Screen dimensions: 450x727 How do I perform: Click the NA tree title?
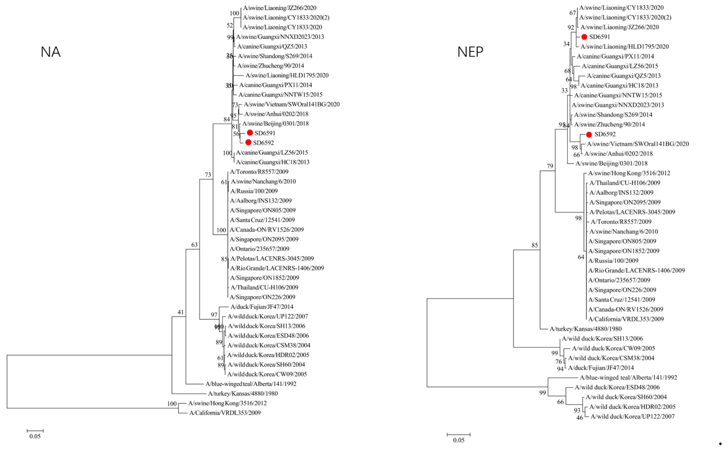50,52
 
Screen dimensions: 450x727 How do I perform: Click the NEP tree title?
470,52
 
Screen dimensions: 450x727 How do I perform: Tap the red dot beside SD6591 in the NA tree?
250,133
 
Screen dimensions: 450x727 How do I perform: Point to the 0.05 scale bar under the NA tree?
35,431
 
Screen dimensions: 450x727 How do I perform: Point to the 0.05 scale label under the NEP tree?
458,440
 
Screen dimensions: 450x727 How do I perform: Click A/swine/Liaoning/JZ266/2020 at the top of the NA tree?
279,8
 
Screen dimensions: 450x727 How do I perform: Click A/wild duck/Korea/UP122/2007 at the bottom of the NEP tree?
632,416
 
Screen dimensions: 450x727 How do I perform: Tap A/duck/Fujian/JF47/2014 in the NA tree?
262,307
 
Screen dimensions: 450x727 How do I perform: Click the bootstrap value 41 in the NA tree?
180,312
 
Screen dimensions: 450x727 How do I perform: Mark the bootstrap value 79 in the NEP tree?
550,166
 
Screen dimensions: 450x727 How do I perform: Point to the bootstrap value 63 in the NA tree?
194,245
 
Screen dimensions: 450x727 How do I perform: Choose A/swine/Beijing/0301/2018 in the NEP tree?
611,163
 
